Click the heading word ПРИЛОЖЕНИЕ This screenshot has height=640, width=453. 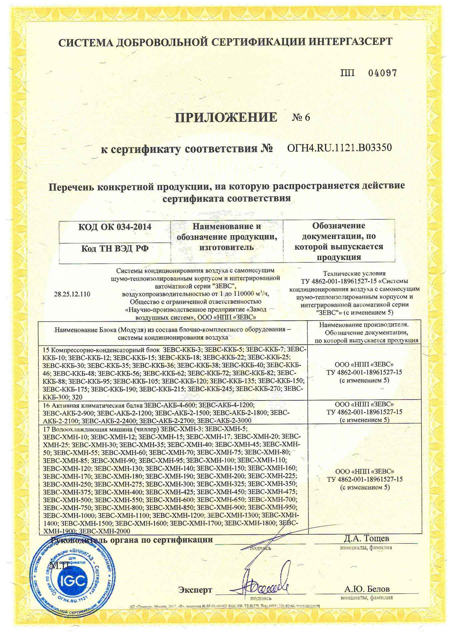(x=226, y=117)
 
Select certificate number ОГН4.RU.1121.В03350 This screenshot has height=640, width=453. (x=339, y=147)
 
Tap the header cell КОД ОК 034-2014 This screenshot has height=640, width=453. (x=115, y=227)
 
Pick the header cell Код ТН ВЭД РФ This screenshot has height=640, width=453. (x=115, y=249)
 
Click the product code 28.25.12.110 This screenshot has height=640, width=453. (x=72, y=294)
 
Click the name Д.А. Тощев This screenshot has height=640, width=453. (x=366, y=538)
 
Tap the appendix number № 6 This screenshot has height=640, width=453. (x=301, y=117)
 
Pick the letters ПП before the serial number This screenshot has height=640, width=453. (x=348, y=73)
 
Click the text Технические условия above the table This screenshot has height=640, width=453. (x=354, y=273)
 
